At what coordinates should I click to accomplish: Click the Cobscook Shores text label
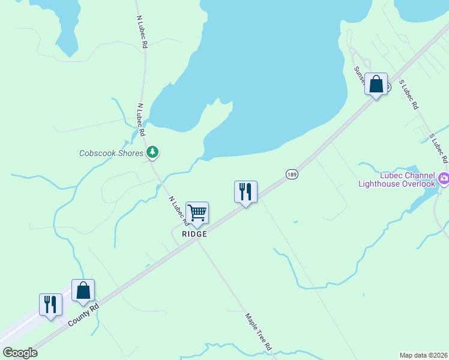pyautogui.click(x=111, y=153)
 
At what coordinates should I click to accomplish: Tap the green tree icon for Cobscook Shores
pyautogui.click(x=153, y=152)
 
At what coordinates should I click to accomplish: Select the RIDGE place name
pyautogui.click(x=195, y=234)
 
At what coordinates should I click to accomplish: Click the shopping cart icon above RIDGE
pyautogui.click(x=197, y=213)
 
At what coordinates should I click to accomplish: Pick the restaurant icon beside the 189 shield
pyautogui.click(x=246, y=192)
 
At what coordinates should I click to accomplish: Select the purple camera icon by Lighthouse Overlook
pyautogui.click(x=444, y=177)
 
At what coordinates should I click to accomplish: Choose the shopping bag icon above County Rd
pyautogui.click(x=83, y=290)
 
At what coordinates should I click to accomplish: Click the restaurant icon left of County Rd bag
pyautogui.click(x=50, y=304)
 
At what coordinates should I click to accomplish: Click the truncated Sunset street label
pyautogui.click(x=358, y=74)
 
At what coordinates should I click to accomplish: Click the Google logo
pyautogui.click(x=20, y=353)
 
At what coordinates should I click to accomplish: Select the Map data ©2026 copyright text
pyautogui.click(x=423, y=355)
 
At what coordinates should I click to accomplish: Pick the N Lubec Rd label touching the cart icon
pyautogui.click(x=178, y=210)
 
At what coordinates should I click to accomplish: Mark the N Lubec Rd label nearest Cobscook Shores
pyautogui.click(x=142, y=119)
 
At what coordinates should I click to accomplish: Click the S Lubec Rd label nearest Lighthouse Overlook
pyautogui.click(x=439, y=148)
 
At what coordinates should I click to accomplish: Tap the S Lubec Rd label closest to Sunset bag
pyautogui.click(x=409, y=95)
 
